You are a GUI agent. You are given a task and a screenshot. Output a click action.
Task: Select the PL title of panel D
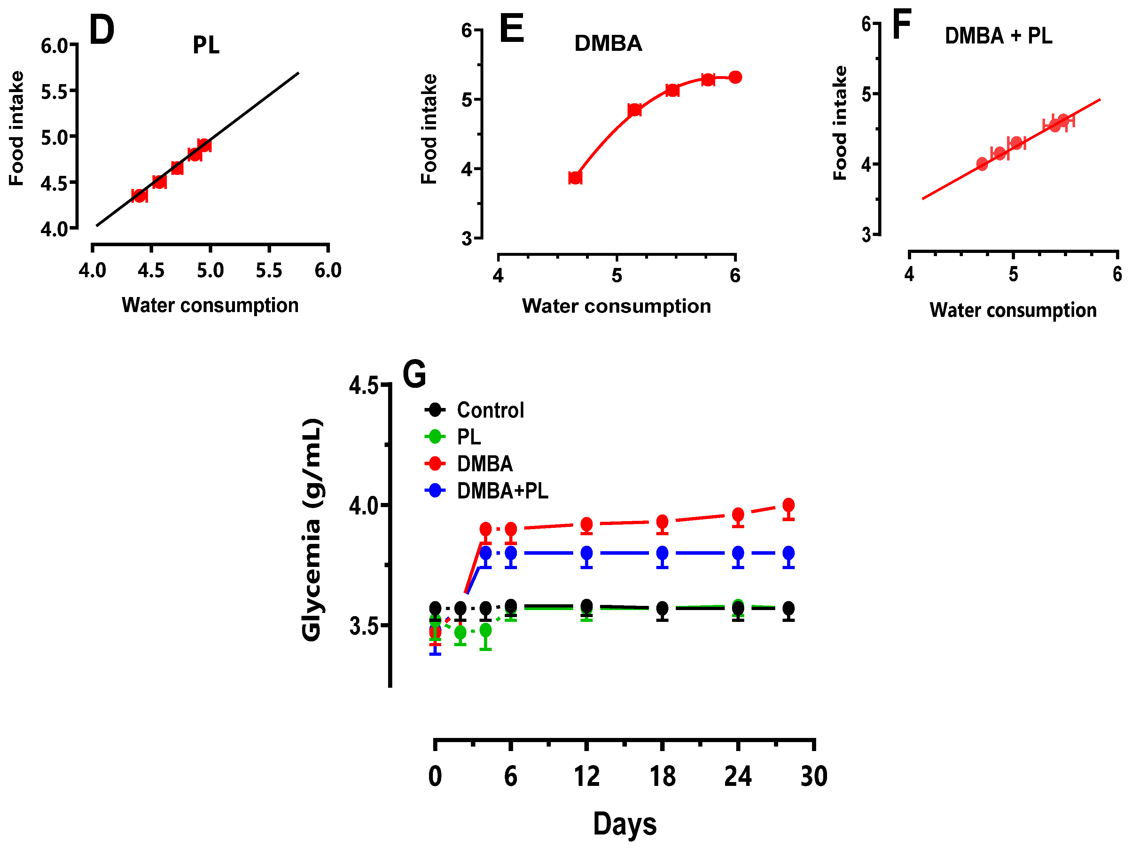click(206, 45)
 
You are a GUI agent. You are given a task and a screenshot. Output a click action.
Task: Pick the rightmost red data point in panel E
click(735, 77)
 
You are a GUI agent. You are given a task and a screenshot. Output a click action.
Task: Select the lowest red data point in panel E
click(575, 177)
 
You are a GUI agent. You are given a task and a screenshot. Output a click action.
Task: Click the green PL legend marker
click(435, 437)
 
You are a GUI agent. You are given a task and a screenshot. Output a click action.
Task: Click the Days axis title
click(624, 824)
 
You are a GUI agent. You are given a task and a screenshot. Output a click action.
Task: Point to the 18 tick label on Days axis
click(662, 776)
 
